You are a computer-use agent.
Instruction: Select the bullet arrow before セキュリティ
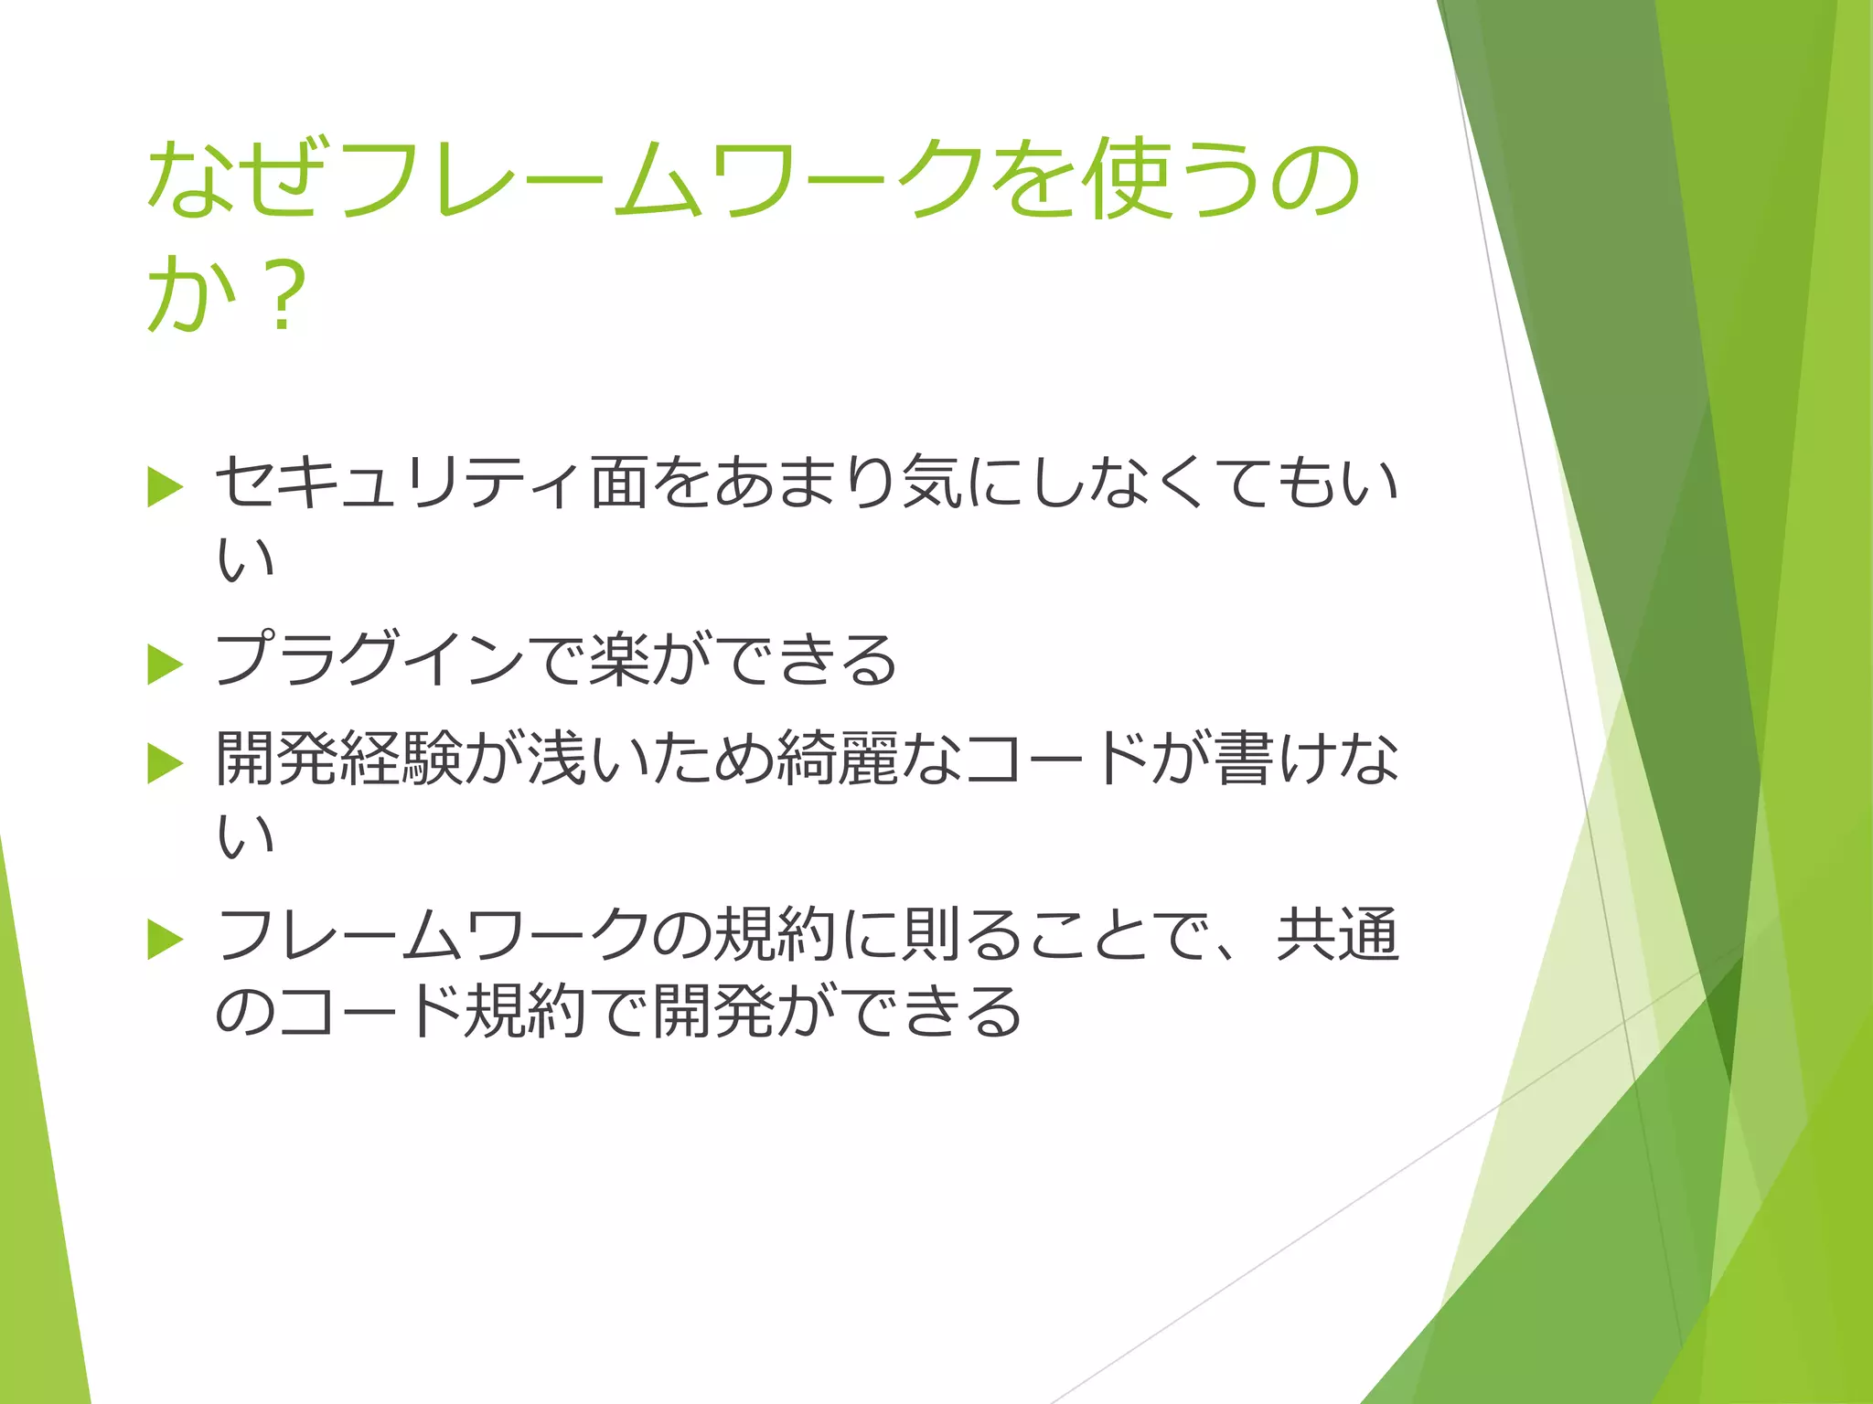165,486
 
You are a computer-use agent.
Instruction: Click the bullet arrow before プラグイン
165,664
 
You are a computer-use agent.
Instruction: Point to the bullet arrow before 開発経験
165,763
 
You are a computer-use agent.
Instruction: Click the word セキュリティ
400,483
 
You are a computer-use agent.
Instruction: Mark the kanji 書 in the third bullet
1245,759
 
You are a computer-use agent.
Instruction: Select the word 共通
1338,936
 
